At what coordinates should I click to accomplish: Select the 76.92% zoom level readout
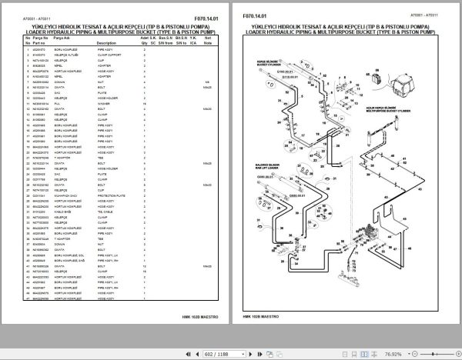437,351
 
